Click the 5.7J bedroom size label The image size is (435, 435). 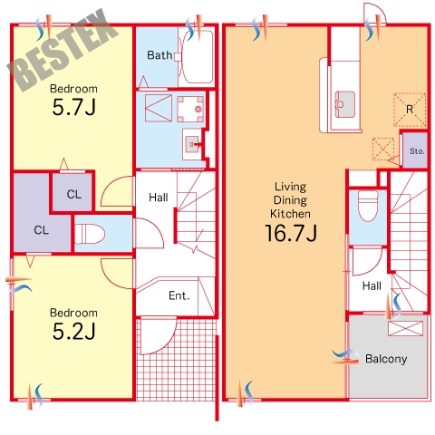[74, 107]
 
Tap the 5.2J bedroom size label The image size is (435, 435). [74, 331]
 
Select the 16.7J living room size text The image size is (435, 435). [291, 233]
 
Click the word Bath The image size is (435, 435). [159, 55]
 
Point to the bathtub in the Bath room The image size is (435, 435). [198, 57]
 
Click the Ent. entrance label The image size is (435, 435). [179, 295]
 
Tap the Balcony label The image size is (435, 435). [386, 359]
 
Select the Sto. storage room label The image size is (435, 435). [417, 150]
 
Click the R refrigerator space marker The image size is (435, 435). [410, 110]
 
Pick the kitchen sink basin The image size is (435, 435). [344, 104]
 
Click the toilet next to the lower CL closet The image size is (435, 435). [90, 234]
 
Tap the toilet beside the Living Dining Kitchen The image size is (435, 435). [368, 206]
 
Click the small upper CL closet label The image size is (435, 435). [74, 194]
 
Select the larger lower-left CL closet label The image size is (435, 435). [42, 230]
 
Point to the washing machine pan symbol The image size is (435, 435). [190, 109]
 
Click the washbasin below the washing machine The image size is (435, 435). [192, 144]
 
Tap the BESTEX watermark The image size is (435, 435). [63, 50]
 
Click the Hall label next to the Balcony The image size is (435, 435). [372, 285]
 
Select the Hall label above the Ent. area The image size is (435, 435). [159, 198]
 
